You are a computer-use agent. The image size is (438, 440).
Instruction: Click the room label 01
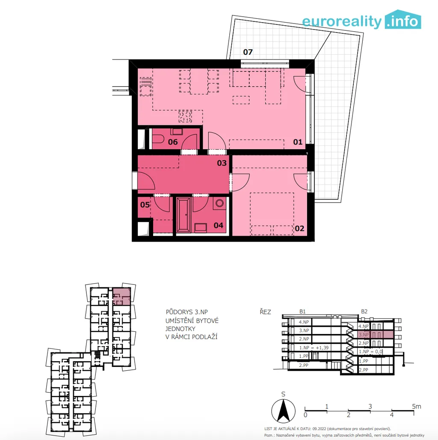[x=298, y=142]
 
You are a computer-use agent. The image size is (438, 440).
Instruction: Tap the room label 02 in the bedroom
[x=299, y=228]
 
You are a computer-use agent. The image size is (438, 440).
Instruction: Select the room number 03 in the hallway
[x=222, y=163]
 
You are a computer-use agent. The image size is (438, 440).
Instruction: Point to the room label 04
[x=219, y=225]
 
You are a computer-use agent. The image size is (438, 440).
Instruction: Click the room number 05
[x=145, y=204]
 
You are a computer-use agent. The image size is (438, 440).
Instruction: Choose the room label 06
[x=173, y=142]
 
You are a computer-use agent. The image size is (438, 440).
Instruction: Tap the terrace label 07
[x=248, y=52]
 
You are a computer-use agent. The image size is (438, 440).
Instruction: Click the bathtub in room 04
[x=183, y=215]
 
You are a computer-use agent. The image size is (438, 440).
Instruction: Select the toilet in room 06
[x=158, y=139]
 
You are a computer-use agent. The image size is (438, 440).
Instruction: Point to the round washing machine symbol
[x=219, y=203]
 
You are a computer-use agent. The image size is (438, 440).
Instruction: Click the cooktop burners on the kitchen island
[x=185, y=116]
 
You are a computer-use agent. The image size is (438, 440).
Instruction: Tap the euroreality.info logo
[x=361, y=20]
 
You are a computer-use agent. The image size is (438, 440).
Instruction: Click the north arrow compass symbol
[x=283, y=410]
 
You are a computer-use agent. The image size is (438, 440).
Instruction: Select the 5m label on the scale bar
[x=416, y=406]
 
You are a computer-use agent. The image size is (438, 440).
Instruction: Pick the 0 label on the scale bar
[x=305, y=415]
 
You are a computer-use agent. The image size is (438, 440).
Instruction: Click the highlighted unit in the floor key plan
[x=121, y=296]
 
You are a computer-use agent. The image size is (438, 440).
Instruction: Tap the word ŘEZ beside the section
[x=265, y=312]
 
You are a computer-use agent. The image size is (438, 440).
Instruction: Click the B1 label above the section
[x=302, y=311]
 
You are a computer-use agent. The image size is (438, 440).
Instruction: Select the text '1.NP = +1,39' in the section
[x=314, y=348]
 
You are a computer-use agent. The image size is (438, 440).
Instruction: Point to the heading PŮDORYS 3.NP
[x=187, y=312]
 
